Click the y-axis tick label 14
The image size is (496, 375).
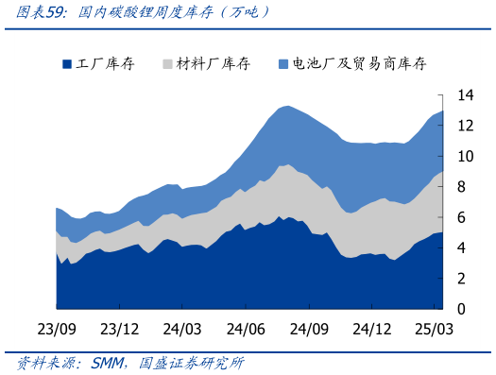pyautogui.click(x=465, y=95)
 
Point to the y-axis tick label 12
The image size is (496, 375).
pyautogui.click(x=465, y=126)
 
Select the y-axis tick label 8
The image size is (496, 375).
pyautogui.click(x=461, y=187)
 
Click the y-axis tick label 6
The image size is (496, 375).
pyautogui.click(x=461, y=217)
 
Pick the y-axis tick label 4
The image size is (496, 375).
pyautogui.click(x=461, y=248)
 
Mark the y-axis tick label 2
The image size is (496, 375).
pyautogui.click(x=461, y=279)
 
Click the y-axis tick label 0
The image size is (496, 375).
pyautogui.click(x=461, y=309)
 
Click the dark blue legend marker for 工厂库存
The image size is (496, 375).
pyautogui.click(x=67, y=64)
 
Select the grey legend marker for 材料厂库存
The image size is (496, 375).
pyautogui.click(x=167, y=64)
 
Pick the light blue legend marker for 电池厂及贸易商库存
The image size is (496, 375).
pyautogui.click(x=283, y=64)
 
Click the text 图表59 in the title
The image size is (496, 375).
pyautogui.click(x=36, y=12)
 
